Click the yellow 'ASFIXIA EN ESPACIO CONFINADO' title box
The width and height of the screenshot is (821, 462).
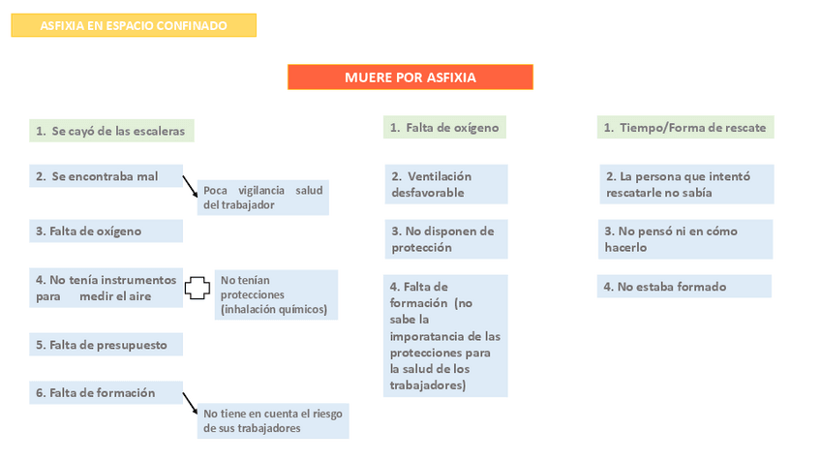point(134,25)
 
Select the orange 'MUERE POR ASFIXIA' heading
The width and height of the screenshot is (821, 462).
point(410,77)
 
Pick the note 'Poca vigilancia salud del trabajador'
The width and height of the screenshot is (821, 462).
point(262,198)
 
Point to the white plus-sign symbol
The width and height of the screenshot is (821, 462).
point(198,288)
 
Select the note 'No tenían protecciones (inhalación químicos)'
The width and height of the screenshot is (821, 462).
point(276,294)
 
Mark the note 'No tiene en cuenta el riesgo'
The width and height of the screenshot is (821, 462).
point(273,421)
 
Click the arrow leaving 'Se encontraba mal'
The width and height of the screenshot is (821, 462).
point(190,185)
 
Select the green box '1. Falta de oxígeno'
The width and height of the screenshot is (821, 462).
point(444,127)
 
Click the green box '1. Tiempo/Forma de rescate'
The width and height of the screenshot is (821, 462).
point(685,127)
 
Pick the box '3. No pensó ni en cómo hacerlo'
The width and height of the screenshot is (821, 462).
point(685,239)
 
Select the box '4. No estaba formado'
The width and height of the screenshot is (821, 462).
point(684,287)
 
